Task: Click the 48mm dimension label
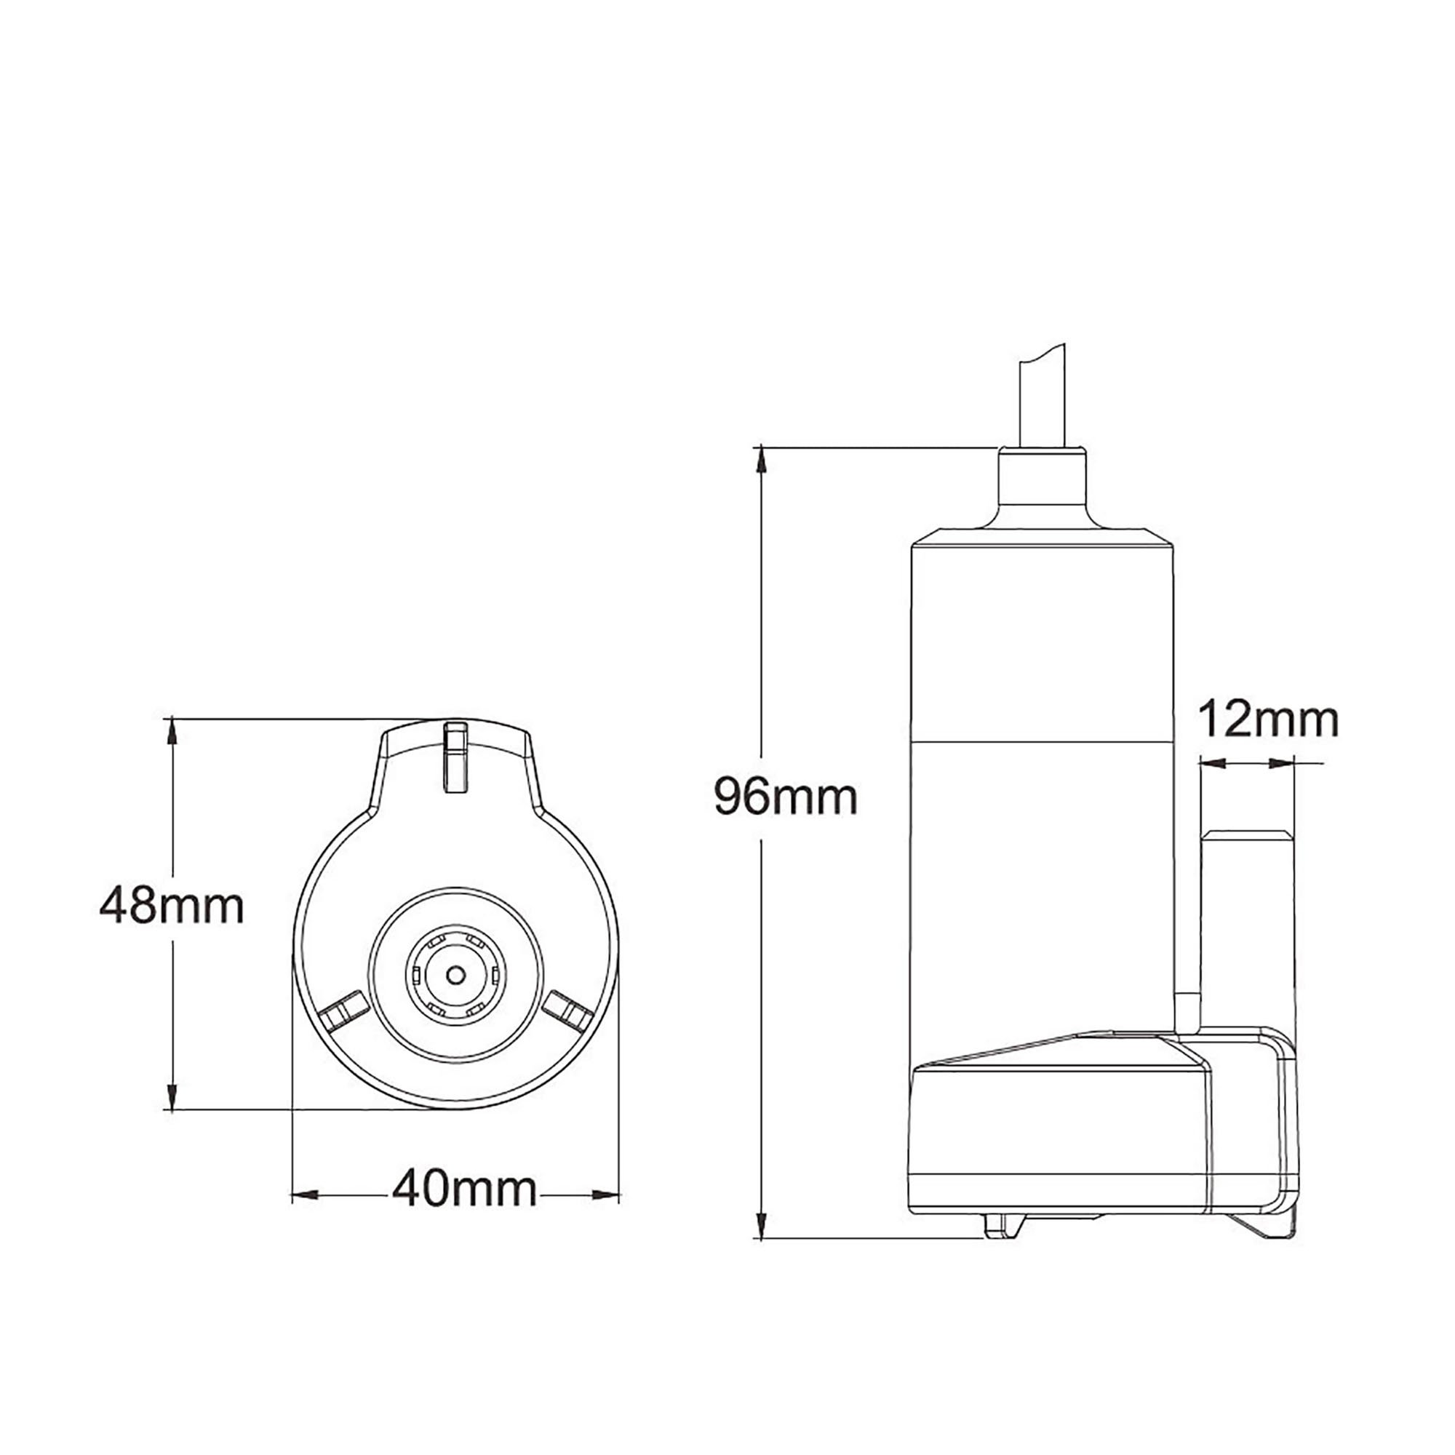pyautogui.click(x=172, y=906)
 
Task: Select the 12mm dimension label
pyautogui.click(x=1268, y=720)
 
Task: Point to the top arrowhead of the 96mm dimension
pyautogui.click(x=762, y=458)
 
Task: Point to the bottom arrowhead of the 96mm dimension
pyautogui.click(x=762, y=1224)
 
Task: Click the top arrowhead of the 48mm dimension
pyautogui.click(x=172, y=730)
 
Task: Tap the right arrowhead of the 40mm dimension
pyautogui.click(x=606, y=1195)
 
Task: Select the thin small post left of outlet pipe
pyautogui.click(x=1186, y=1013)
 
